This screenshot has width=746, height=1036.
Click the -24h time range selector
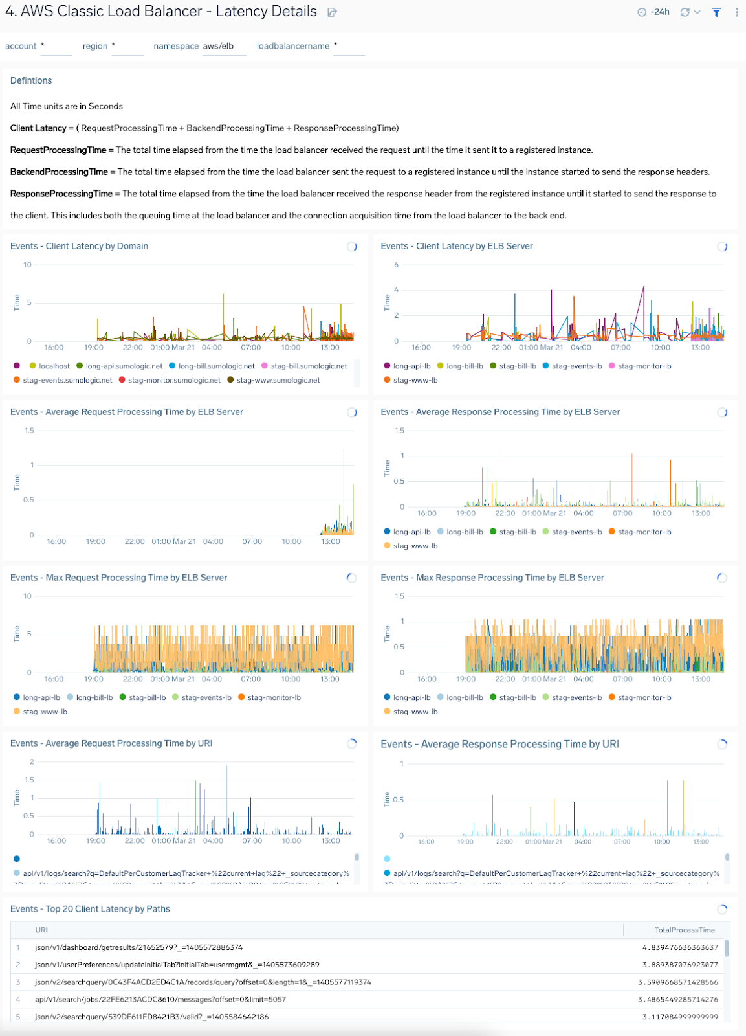(x=655, y=12)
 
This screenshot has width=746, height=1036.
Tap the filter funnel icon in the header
(x=716, y=12)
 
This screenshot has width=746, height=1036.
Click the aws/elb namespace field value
(x=219, y=46)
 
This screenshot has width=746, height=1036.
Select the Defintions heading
(x=31, y=80)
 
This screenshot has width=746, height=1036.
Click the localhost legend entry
(x=54, y=366)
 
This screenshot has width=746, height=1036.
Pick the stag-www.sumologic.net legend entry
(x=278, y=380)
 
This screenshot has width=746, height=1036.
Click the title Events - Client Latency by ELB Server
(x=457, y=246)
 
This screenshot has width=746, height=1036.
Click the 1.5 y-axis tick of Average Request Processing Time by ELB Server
(x=29, y=431)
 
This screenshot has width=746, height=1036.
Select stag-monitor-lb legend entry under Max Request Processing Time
(x=274, y=697)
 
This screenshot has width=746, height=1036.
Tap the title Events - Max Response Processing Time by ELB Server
(x=492, y=578)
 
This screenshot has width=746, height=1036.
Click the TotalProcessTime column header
(x=685, y=930)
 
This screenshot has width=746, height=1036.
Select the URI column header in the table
(x=41, y=930)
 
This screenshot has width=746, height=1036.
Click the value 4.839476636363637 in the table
(x=680, y=947)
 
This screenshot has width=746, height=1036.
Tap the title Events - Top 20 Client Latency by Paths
(x=90, y=909)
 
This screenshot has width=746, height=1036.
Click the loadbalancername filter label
(x=292, y=46)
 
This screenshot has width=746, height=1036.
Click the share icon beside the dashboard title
(x=332, y=12)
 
